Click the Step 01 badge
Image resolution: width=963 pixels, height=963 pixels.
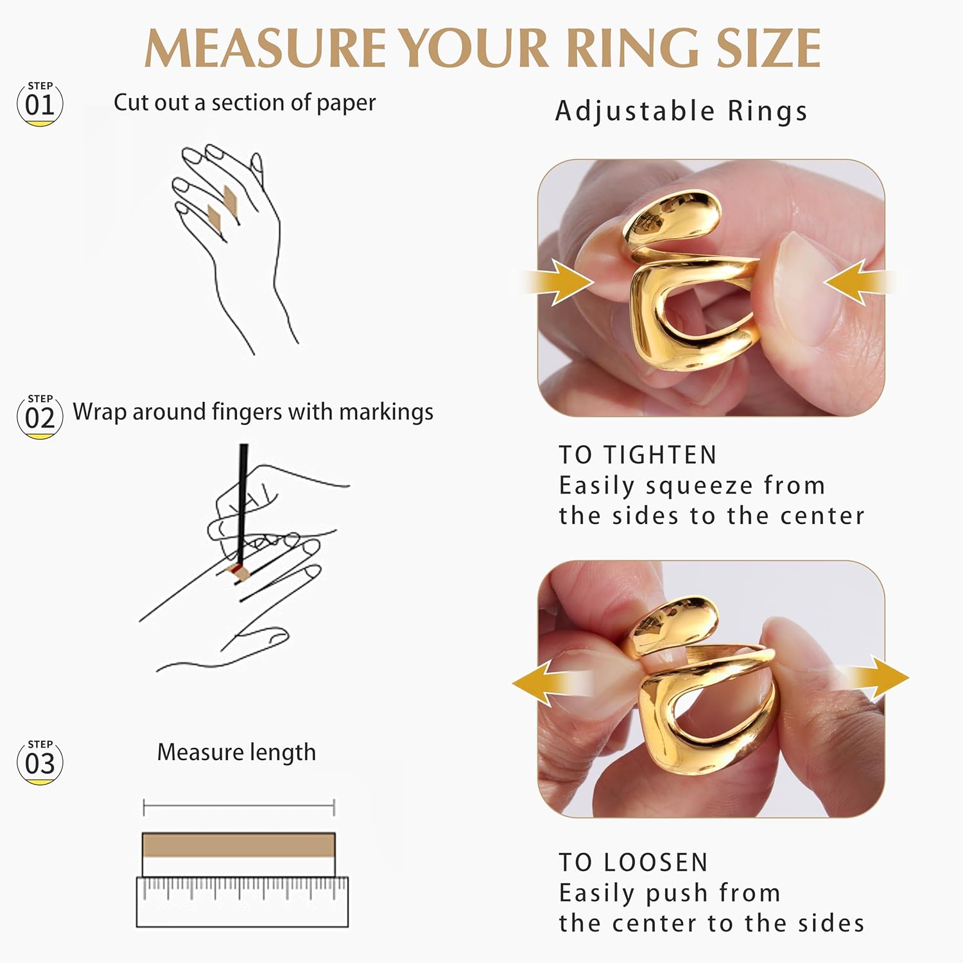[40, 103]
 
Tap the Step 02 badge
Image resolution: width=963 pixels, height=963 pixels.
[40, 417]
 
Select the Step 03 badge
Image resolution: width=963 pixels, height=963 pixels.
[40, 762]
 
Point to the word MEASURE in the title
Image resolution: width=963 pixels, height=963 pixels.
[265, 49]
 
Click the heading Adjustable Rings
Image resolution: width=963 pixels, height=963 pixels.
[681, 111]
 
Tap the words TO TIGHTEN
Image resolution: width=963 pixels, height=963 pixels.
[638, 455]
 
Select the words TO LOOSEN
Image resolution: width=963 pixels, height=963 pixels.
[633, 862]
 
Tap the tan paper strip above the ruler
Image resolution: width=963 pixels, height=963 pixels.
[238, 845]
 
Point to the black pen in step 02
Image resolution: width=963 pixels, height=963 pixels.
[243, 501]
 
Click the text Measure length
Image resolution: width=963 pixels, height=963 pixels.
[236, 752]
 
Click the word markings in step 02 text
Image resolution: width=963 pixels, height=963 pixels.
[386, 412]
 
